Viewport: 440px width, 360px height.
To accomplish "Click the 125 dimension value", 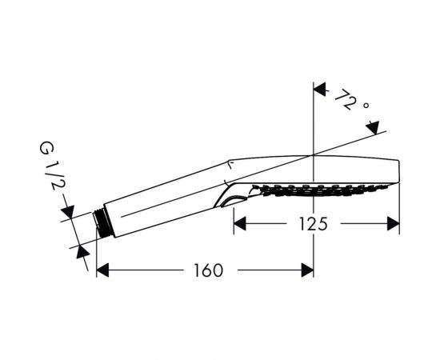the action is coord(313,224).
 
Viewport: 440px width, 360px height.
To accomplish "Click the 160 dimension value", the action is coord(209,270).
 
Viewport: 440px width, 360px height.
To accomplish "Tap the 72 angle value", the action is coord(346,100).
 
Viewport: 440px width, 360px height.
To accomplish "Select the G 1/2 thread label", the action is coord(53,166).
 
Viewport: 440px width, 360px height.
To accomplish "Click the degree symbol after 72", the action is coord(366,106).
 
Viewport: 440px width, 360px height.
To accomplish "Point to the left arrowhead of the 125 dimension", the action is coord(240,224).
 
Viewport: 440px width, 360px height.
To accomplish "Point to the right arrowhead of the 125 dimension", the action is coord(393,224).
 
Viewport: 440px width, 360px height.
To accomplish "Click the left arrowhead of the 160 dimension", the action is coord(102,270).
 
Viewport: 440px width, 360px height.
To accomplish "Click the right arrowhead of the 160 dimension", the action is coord(307,270).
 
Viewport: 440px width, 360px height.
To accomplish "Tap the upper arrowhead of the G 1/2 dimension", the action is coord(68,211).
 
